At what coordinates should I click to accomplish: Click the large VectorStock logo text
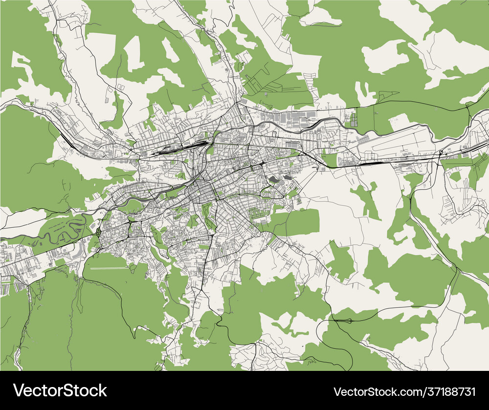[60, 390]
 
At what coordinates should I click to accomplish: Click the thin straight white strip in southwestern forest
[105, 268]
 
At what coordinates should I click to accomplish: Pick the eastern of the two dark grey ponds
[287, 178]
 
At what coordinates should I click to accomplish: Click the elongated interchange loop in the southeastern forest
[342, 321]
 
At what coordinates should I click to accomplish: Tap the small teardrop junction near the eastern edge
[441, 153]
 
